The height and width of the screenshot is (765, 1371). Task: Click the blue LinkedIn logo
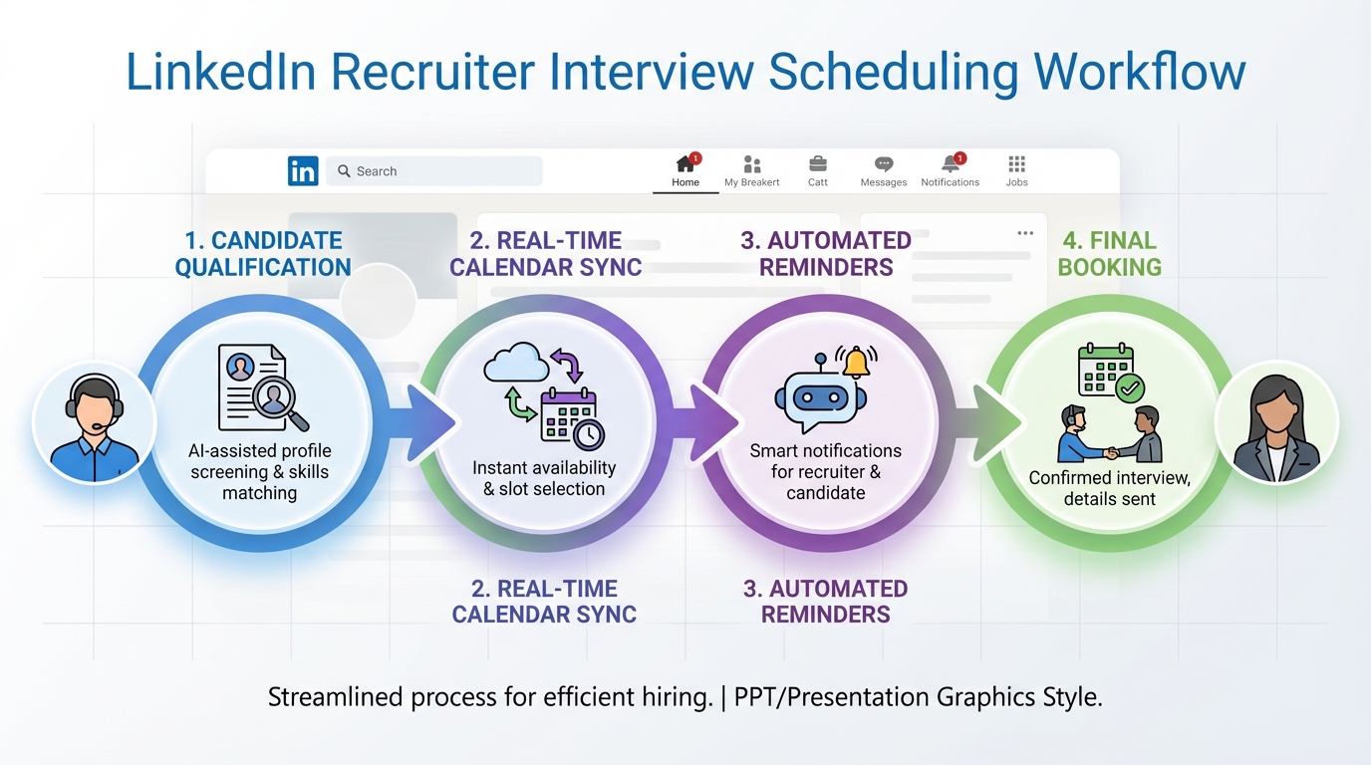click(x=303, y=170)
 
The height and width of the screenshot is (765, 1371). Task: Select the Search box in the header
click(x=434, y=171)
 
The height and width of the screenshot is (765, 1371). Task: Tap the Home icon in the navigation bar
click(x=685, y=164)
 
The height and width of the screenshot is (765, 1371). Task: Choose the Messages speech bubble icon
click(x=883, y=164)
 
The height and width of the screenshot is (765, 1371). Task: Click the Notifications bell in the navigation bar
click(x=951, y=164)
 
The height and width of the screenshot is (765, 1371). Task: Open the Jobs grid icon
click(x=1016, y=164)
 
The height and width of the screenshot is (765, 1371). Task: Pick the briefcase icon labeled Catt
click(x=817, y=164)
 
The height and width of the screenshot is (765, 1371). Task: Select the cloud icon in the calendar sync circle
click(x=515, y=366)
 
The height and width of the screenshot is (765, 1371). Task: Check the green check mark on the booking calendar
click(x=1130, y=387)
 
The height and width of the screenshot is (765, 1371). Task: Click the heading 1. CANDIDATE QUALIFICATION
click(x=263, y=254)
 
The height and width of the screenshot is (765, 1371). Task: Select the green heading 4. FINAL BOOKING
click(x=1109, y=254)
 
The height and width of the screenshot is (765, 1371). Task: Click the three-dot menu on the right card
click(x=1025, y=233)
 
